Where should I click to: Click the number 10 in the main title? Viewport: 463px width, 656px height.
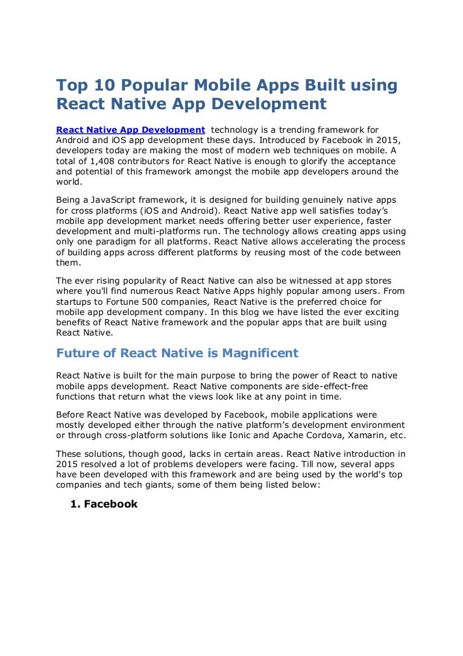[93, 86]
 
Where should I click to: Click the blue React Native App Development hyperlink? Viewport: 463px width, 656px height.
[130, 130]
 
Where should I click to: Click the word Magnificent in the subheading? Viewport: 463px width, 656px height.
[260, 352]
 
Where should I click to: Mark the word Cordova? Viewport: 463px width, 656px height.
[327, 436]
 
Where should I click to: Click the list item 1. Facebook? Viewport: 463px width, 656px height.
[104, 504]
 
